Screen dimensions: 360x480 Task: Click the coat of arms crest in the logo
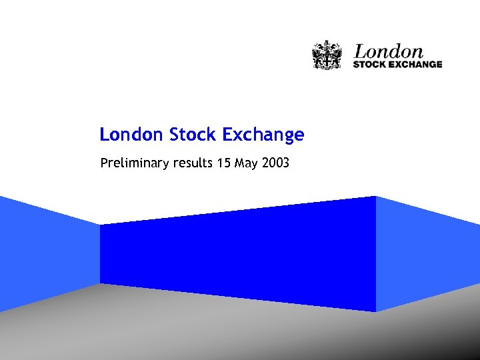click(x=327, y=55)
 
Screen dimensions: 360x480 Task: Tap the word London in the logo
click(x=388, y=51)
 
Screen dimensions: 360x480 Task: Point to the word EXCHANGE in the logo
click(x=417, y=65)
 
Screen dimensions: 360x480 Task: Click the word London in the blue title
click(x=131, y=135)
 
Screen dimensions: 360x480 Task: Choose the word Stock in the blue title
click(x=192, y=135)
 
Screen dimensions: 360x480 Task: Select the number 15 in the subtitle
click(x=223, y=162)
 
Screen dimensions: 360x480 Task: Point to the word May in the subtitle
click(x=246, y=163)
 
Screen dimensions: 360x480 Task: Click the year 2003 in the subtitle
click(x=275, y=162)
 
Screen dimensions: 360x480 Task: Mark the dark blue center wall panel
click(x=237, y=253)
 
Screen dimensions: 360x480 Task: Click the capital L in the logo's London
click(x=360, y=51)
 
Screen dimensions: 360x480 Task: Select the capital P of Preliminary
click(x=103, y=162)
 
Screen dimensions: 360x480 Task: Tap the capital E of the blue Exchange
click(x=227, y=135)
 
